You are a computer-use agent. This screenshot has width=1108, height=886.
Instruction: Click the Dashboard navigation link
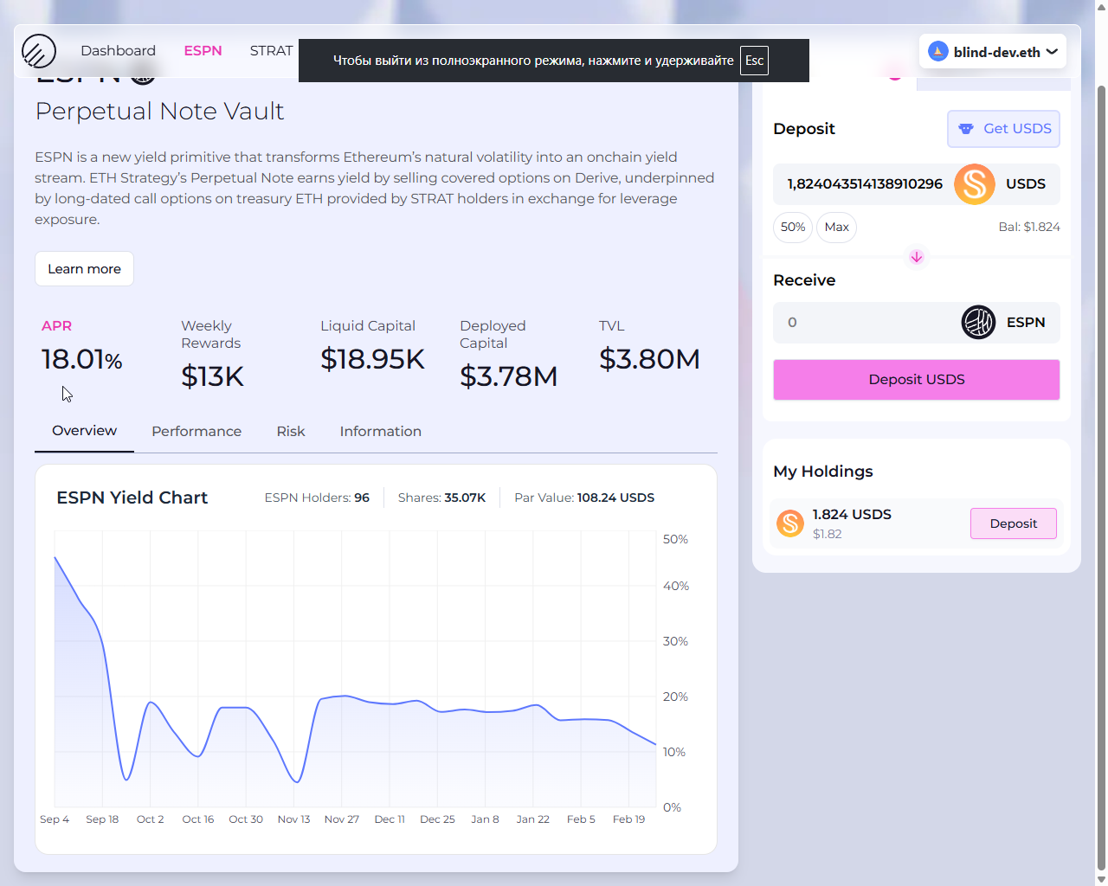coord(118,51)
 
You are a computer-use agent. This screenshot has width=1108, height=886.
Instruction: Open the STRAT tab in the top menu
coord(271,51)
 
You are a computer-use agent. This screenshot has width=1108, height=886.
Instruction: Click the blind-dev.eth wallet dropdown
coord(993,52)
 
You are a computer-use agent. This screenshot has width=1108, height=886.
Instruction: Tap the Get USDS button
coord(1003,129)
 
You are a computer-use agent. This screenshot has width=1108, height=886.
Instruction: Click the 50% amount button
coord(792,228)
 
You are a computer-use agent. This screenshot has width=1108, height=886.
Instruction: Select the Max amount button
coord(836,228)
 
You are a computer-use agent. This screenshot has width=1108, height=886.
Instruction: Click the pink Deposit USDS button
coord(916,380)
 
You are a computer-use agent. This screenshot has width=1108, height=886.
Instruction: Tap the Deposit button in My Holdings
coord(1013,523)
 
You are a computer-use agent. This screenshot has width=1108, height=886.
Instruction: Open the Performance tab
coord(196,432)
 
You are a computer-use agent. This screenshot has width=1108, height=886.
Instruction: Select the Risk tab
coord(291,432)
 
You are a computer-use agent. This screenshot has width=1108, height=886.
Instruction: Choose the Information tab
coord(380,432)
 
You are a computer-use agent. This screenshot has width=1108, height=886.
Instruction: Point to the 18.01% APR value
coord(81,359)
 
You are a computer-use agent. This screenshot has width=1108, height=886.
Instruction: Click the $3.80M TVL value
coord(649,359)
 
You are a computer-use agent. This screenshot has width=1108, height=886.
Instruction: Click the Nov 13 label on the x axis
coord(293,819)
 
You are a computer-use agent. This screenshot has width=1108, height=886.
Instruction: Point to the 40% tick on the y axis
coord(675,587)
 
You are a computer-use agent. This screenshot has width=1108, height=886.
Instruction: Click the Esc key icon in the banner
coord(754,61)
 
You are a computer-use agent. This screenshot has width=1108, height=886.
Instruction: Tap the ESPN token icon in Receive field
coord(978,323)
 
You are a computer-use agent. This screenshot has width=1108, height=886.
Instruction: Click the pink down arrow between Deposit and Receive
coord(916,257)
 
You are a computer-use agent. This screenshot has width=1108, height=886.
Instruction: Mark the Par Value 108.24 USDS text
coord(584,498)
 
